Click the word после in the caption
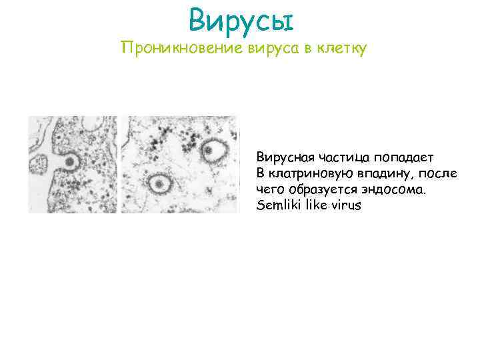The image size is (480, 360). click(x=435, y=174)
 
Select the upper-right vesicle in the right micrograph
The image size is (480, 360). click(x=215, y=151)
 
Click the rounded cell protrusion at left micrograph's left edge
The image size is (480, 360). click(x=41, y=163)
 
